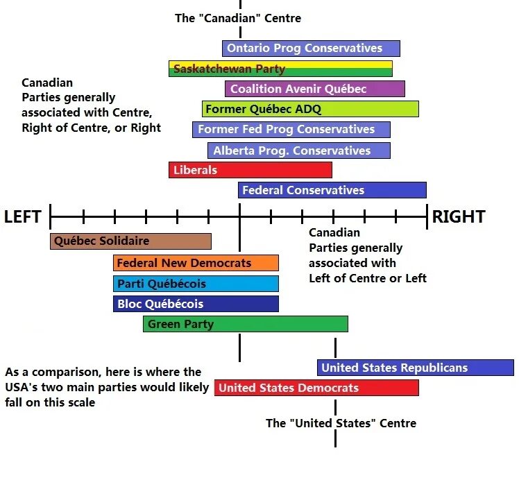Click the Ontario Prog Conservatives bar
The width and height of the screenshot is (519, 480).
pyautogui.click(x=311, y=49)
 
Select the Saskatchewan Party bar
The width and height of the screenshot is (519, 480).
pyautogui.click(x=280, y=69)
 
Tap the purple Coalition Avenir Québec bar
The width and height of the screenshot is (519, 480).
pyautogui.click(x=314, y=89)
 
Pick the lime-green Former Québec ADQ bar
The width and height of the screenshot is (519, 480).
pyautogui.click(x=310, y=109)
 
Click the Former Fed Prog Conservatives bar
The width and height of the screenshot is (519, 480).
pyautogui.click(x=291, y=130)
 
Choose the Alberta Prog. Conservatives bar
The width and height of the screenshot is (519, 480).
pyautogui.click(x=298, y=151)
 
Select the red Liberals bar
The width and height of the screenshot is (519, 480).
pyautogui.click(x=250, y=170)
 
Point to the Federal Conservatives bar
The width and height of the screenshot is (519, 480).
pyautogui.click(x=332, y=190)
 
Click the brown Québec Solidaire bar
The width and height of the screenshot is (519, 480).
pyautogui.click(x=130, y=241)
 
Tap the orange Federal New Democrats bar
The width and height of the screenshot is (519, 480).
pyautogui.click(x=196, y=263)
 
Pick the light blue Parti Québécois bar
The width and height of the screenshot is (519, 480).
pyautogui.click(x=196, y=284)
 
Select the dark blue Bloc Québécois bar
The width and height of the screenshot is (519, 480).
pyautogui.click(x=196, y=304)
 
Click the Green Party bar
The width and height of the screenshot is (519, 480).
pyautogui.click(x=245, y=324)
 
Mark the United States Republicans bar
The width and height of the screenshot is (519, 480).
pyautogui.click(x=415, y=368)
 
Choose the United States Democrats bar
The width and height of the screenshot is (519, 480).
pyautogui.click(x=316, y=388)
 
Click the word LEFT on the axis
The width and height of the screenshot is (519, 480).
pyautogui.click(x=23, y=217)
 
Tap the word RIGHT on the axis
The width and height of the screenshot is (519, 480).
pyautogui.click(x=458, y=217)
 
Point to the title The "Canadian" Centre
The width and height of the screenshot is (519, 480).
pyautogui.click(x=238, y=18)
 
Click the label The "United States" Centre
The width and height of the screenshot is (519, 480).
pyautogui.click(x=341, y=423)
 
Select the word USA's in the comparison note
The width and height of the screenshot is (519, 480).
pyautogui.click(x=22, y=387)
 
